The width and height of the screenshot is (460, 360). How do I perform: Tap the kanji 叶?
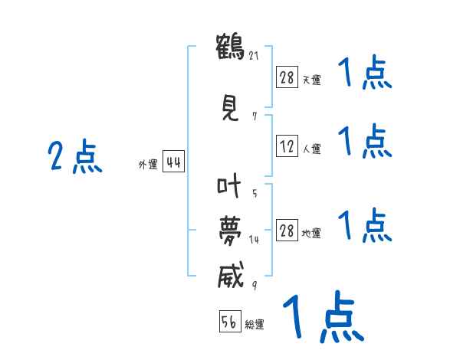tap(229, 186)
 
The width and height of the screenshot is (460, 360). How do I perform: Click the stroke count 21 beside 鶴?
tap(252, 55)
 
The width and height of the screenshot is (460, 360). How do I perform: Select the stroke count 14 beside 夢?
tap(254, 240)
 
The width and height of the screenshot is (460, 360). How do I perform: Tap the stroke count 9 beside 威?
tap(254, 286)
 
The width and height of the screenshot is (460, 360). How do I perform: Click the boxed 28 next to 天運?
tap(287, 77)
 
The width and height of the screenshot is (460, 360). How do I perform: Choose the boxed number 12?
tap(287, 147)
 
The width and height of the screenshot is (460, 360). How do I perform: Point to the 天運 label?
tap(311, 80)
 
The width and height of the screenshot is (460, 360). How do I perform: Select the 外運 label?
tap(147, 165)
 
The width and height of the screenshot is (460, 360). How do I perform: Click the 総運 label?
tap(255, 325)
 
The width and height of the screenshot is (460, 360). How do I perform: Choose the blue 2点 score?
tap(74, 158)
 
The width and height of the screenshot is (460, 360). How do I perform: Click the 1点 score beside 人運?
tap(365, 141)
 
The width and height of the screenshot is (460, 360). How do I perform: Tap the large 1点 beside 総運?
tap(323, 316)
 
